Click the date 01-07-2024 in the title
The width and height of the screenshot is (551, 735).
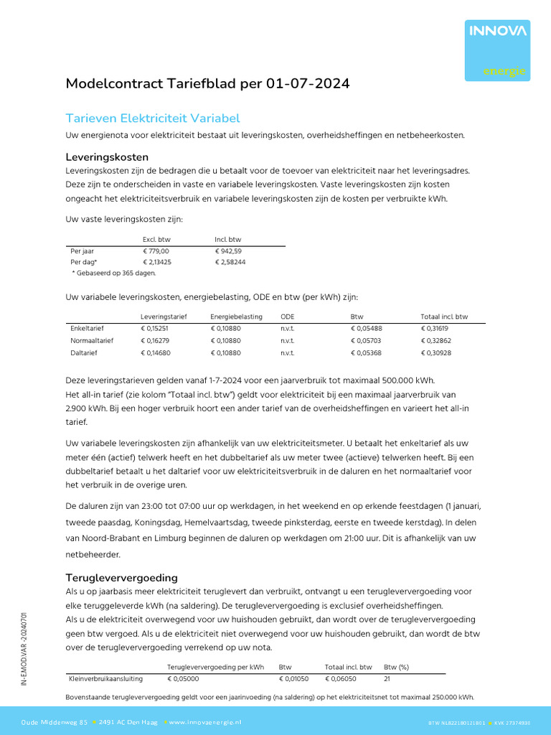[308, 84]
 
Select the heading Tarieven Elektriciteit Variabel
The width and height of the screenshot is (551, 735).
[153, 118]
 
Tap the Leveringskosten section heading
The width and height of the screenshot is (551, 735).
[107, 156]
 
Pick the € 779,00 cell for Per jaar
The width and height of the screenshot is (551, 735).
[156, 251]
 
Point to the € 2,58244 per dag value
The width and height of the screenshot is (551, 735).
[230, 263]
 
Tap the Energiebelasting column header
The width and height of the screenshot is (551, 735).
[236, 317]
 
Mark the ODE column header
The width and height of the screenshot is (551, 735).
[287, 317]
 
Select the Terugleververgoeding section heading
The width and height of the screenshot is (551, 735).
[122, 577]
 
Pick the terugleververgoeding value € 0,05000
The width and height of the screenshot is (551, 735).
[184, 678]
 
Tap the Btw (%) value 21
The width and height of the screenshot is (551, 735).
[387, 678]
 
